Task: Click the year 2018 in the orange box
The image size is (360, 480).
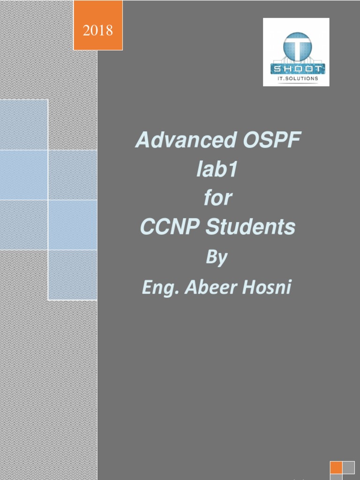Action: point(98,31)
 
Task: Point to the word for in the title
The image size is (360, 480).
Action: point(218,198)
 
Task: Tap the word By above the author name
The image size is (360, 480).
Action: point(217,258)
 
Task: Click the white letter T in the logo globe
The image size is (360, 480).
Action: point(296,47)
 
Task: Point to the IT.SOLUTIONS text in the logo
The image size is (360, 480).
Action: point(296,79)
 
